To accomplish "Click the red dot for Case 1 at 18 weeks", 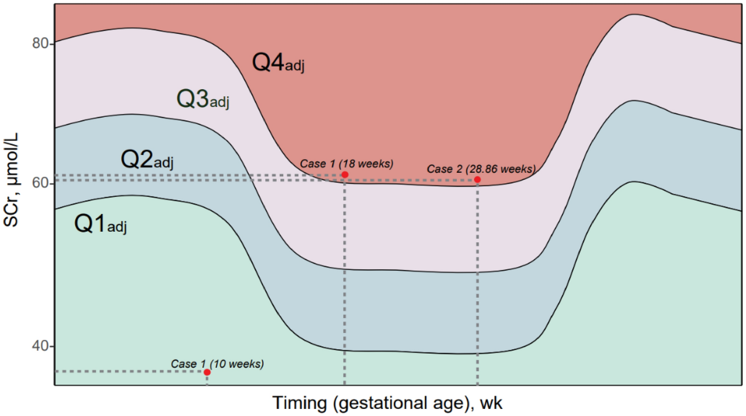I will [345, 175].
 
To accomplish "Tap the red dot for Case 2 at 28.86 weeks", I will [477, 179].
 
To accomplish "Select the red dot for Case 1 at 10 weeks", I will [207, 372].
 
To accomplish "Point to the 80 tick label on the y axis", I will [41, 43].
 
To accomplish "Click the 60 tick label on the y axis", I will [41, 183].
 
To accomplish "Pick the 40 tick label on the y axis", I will [41, 346].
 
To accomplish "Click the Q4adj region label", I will [278, 62].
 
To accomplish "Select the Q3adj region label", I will [203, 99].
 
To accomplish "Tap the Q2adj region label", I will [147, 159].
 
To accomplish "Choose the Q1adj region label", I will [100, 223].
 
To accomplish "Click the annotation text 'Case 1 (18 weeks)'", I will [346, 164].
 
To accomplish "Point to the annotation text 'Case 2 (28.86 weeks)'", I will [481, 169].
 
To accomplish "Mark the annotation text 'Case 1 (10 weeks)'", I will [217, 363].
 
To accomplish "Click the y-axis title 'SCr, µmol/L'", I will [11, 179].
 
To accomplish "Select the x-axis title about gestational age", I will [387, 403].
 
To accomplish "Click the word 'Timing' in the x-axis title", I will [300, 403].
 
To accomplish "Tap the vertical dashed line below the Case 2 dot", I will [477, 284].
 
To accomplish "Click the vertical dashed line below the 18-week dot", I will [345, 284].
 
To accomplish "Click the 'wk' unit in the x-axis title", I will [491, 403].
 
